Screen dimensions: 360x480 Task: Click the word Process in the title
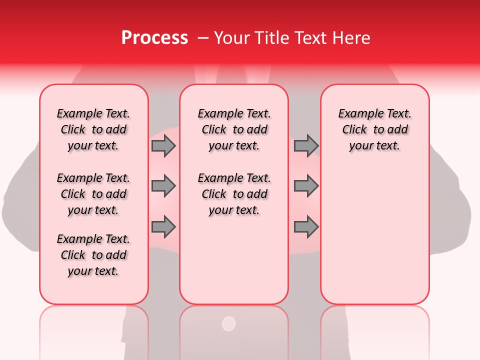point(154,38)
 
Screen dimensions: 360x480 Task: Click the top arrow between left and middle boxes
point(163,145)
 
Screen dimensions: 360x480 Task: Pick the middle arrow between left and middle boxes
point(163,186)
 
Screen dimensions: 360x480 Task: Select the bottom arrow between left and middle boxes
point(163,227)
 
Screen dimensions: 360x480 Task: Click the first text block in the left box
point(93,129)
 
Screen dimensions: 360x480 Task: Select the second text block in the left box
point(93,194)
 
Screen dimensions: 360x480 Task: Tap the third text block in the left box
point(93,255)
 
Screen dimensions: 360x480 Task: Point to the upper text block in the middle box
point(234,129)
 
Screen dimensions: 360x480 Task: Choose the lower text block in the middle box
point(234,194)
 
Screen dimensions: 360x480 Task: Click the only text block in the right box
point(374,129)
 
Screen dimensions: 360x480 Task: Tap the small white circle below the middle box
point(228,323)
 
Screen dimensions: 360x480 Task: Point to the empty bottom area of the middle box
point(234,265)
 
